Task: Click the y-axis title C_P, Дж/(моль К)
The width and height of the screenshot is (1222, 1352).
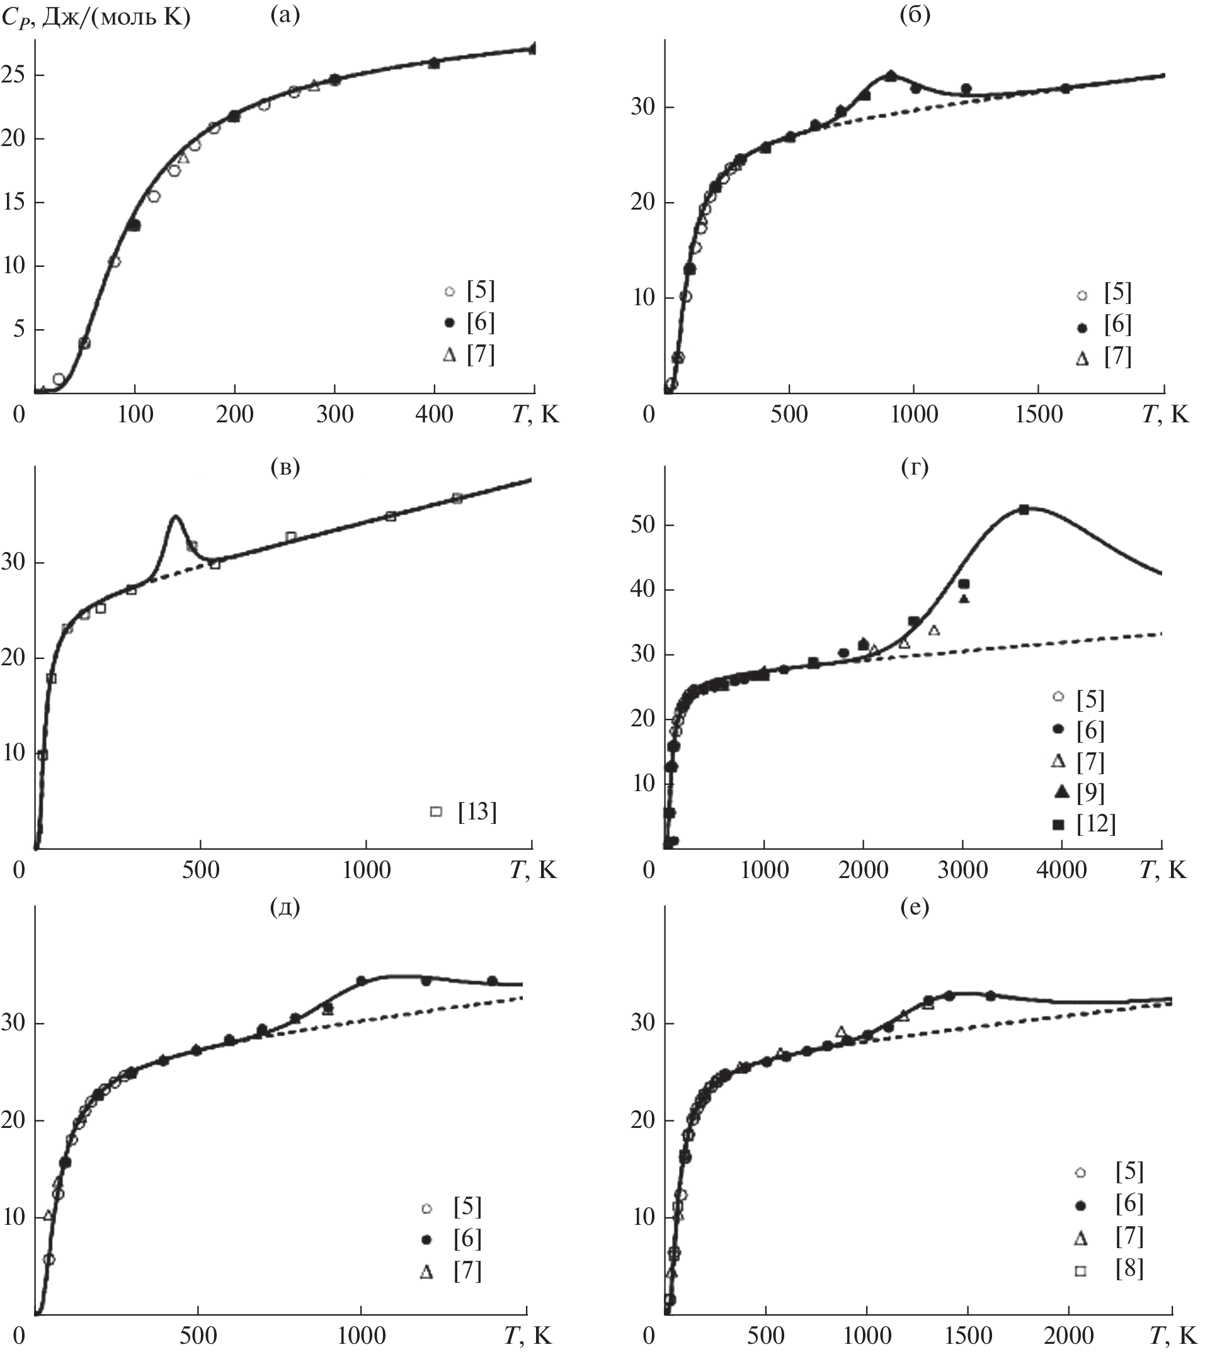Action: [x=96, y=17]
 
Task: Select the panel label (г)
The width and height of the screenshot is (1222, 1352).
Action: [x=915, y=468]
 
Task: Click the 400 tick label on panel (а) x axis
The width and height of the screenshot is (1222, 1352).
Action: [x=434, y=414]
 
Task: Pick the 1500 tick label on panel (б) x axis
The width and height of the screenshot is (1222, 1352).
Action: [x=1038, y=414]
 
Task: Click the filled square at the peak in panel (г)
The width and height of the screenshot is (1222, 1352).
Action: [x=1024, y=510]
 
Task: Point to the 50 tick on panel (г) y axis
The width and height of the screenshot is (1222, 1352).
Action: [x=643, y=524]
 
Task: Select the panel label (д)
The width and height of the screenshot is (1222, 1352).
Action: [x=285, y=908]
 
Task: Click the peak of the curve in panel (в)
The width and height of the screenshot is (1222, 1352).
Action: [x=176, y=515]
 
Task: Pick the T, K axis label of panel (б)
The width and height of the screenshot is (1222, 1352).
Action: [x=1164, y=414]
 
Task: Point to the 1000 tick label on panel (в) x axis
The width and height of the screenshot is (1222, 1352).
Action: [x=366, y=870]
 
